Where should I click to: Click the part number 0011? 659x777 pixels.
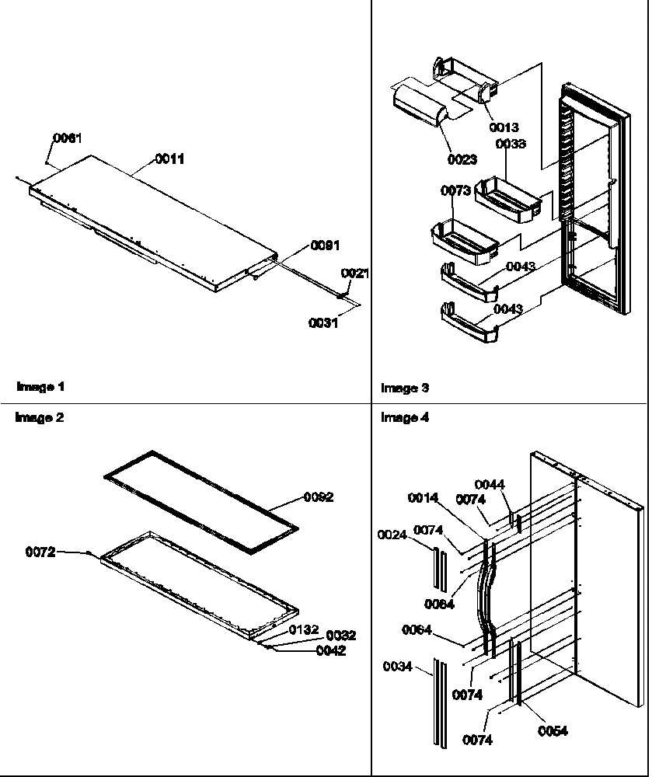click(x=170, y=159)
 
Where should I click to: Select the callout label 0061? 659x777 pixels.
click(x=66, y=138)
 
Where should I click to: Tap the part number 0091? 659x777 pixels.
click(x=325, y=245)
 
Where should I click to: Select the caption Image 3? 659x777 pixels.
click(x=404, y=388)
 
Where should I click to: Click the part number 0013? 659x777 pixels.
click(x=504, y=127)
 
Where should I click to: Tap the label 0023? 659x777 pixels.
click(x=462, y=160)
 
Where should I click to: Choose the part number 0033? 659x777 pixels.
click(x=511, y=144)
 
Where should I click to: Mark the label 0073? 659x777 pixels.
click(x=456, y=190)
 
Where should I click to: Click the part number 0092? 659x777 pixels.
click(x=318, y=497)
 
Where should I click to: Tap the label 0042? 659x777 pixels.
click(x=330, y=651)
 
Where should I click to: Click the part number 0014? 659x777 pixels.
click(x=423, y=497)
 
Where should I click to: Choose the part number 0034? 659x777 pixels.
click(x=399, y=666)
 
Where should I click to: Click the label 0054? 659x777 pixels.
click(x=553, y=730)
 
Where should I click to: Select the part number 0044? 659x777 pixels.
click(x=490, y=484)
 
